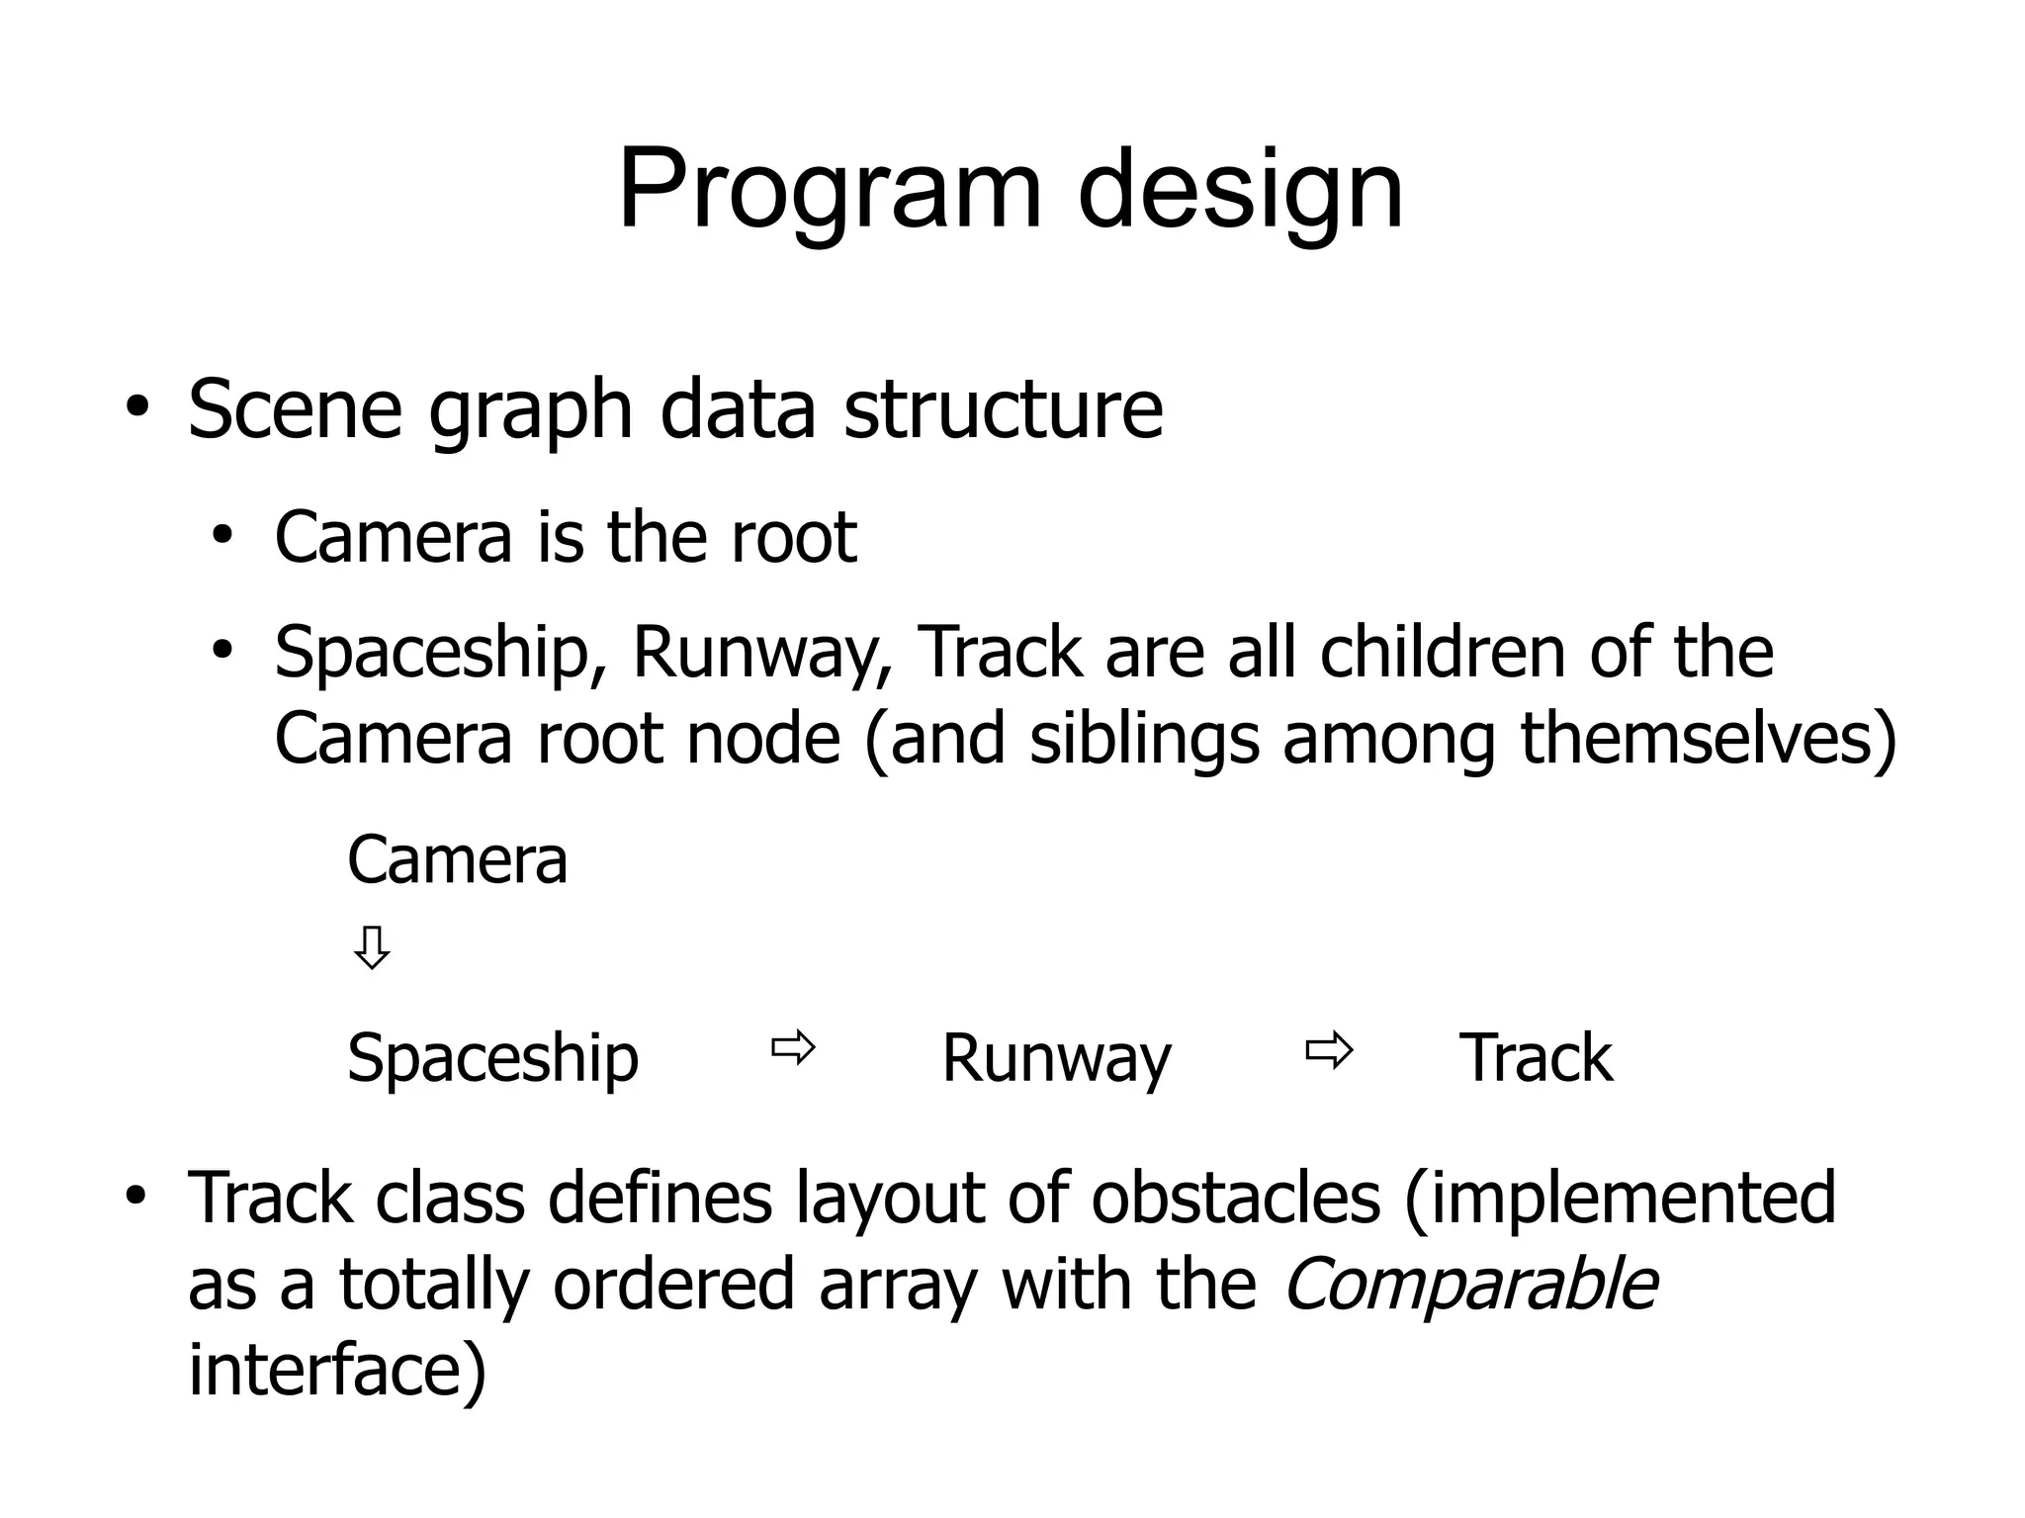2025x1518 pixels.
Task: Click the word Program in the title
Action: [830, 190]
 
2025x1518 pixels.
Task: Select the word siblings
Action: [1144, 739]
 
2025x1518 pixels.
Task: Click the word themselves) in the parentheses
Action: [1709, 739]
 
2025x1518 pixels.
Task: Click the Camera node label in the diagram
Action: [457, 859]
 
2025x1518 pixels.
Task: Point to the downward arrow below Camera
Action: [372, 947]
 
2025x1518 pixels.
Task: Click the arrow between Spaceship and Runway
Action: [793, 1047]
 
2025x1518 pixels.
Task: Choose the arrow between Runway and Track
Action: [1328, 1050]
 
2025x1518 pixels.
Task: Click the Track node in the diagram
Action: [1536, 1058]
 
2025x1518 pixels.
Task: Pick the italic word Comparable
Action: [1469, 1285]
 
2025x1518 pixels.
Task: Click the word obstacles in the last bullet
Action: [1235, 1198]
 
